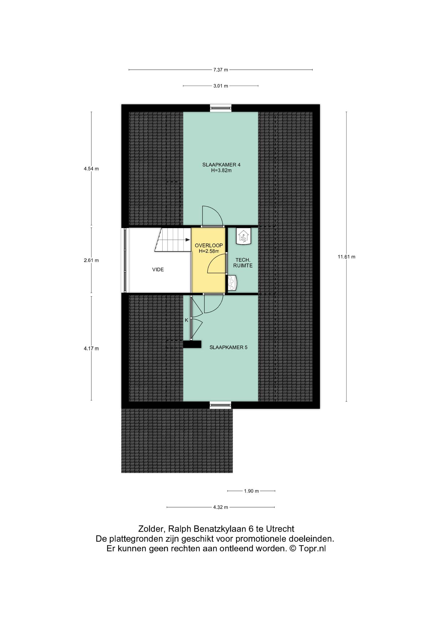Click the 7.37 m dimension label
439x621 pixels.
(x=221, y=70)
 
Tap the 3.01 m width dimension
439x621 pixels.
(x=221, y=86)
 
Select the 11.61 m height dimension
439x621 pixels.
(x=346, y=257)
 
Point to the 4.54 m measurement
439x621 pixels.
(x=91, y=169)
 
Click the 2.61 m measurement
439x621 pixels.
(x=91, y=260)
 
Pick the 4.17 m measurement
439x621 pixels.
(x=91, y=348)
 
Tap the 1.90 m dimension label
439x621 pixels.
(x=251, y=491)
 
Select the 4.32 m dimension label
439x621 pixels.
(x=221, y=507)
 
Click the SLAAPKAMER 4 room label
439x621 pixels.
(x=221, y=165)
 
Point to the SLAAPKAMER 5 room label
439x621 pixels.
(x=228, y=347)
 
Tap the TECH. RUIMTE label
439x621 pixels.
(x=243, y=263)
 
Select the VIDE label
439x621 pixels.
(x=158, y=269)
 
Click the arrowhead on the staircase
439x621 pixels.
(x=188, y=240)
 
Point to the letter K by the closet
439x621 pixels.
(x=187, y=320)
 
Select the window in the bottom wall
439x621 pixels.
(x=221, y=405)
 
